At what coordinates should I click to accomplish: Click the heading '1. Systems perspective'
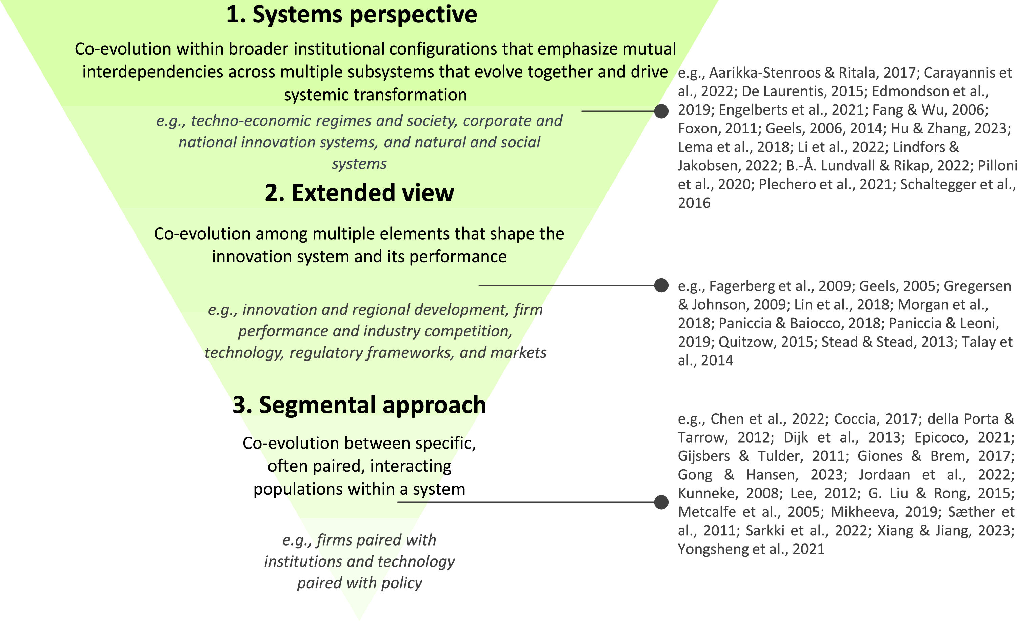point(352,15)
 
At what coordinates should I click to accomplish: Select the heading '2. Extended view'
point(359,193)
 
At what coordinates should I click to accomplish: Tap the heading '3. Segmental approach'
point(359,405)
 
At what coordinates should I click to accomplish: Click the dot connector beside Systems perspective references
point(661,111)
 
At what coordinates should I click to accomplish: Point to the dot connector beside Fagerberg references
point(661,285)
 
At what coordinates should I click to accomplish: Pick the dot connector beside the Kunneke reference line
point(661,502)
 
